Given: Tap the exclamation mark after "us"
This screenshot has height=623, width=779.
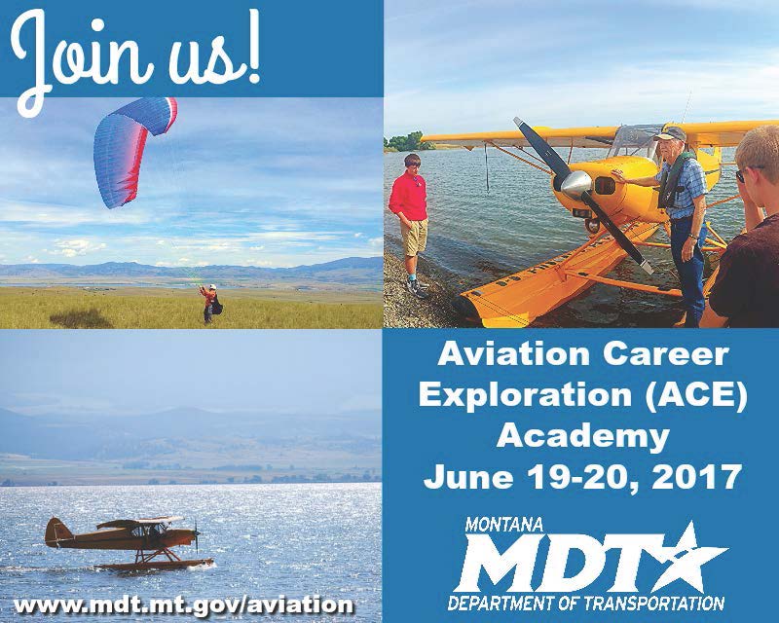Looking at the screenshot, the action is click(x=253, y=50).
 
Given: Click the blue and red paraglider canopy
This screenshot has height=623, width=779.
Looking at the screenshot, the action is click(x=132, y=149).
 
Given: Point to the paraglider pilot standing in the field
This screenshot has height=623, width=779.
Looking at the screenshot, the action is click(x=210, y=304).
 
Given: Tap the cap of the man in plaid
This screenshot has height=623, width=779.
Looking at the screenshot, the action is click(x=670, y=133).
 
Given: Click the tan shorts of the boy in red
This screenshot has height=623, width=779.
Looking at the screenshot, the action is click(x=414, y=238).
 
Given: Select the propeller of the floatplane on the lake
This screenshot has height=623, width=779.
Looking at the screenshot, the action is click(x=197, y=535).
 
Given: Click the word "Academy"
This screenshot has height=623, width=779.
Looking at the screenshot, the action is click(x=582, y=437).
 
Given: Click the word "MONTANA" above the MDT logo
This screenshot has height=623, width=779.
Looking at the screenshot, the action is click(x=503, y=525).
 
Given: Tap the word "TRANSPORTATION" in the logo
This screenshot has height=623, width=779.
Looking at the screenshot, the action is click(x=653, y=604).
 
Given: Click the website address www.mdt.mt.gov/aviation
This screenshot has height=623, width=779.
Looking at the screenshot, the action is click(x=183, y=605).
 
